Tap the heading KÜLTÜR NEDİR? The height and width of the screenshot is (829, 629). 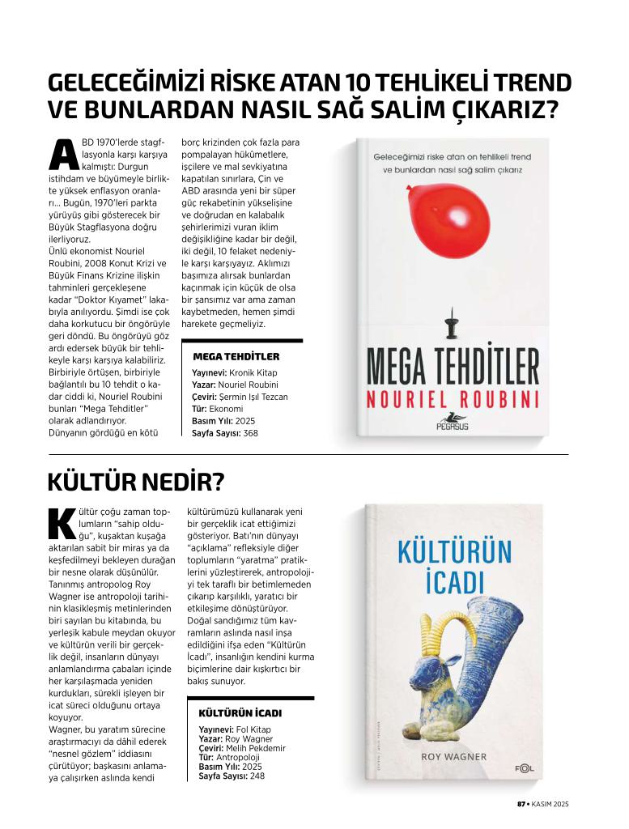pos(135,483)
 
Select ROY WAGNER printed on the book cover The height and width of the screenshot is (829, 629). pos(454,757)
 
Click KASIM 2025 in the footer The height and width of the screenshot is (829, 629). pos(550,804)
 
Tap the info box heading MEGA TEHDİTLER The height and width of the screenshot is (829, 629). pos(236,356)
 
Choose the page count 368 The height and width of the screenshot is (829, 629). pos(250,433)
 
